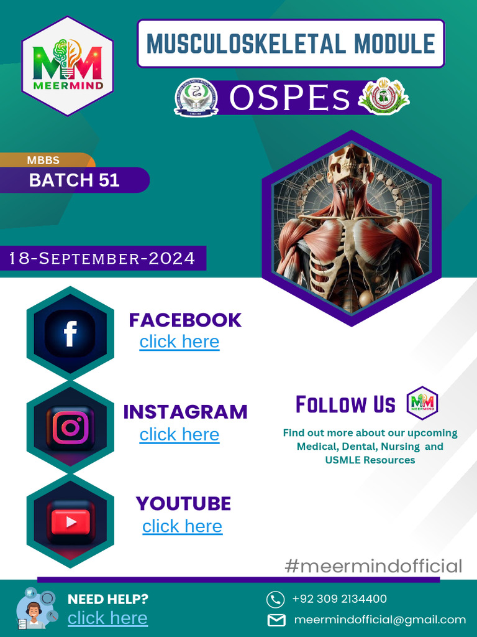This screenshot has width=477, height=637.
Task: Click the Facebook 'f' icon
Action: point(70,333)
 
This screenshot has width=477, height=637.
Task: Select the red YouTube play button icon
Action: point(70,522)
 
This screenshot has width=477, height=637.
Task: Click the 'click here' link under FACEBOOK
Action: point(179,342)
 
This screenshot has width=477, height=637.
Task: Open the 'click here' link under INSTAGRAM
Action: point(179,434)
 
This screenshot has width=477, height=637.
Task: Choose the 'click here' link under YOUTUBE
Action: point(182,526)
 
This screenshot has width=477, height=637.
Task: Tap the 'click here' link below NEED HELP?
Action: point(107,618)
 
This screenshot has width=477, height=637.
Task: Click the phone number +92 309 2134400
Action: point(339,599)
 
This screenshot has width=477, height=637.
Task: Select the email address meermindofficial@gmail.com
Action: point(379,620)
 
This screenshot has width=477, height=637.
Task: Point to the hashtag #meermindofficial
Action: point(373,566)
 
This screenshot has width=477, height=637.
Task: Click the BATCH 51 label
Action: point(74,180)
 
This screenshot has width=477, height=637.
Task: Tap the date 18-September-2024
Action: point(102,258)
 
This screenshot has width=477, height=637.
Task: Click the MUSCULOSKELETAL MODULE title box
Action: point(291,44)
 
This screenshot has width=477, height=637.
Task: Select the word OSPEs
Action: point(290,98)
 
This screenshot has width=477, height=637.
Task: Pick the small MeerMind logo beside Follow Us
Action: point(422,403)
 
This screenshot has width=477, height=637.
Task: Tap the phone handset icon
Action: point(275,599)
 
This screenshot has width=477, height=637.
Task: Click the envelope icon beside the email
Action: point(276,620)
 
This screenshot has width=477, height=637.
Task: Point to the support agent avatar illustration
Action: point(34,610)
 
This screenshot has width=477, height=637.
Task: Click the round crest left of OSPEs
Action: point(196,98)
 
